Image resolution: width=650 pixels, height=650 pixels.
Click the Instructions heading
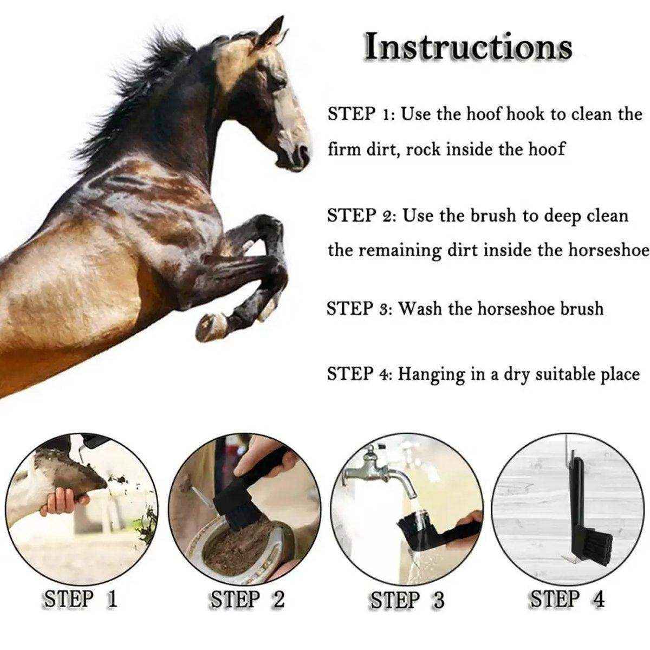468,47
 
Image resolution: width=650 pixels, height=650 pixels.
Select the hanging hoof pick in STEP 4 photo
580,515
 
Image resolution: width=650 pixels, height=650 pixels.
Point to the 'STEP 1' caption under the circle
81,599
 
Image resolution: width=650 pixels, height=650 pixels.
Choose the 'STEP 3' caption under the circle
407,600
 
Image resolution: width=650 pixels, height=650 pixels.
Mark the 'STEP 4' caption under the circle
567,599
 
